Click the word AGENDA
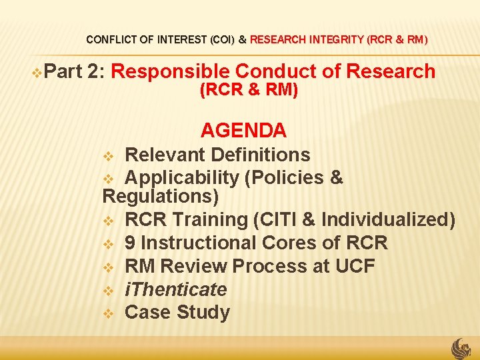pos(243,130)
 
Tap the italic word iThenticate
pos(176,289)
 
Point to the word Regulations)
pos(161,197)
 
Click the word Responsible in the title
pos(171,71)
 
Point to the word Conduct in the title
pos(277,71)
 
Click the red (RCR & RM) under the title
pos(249,90)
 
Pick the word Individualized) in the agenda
pos(388,219)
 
